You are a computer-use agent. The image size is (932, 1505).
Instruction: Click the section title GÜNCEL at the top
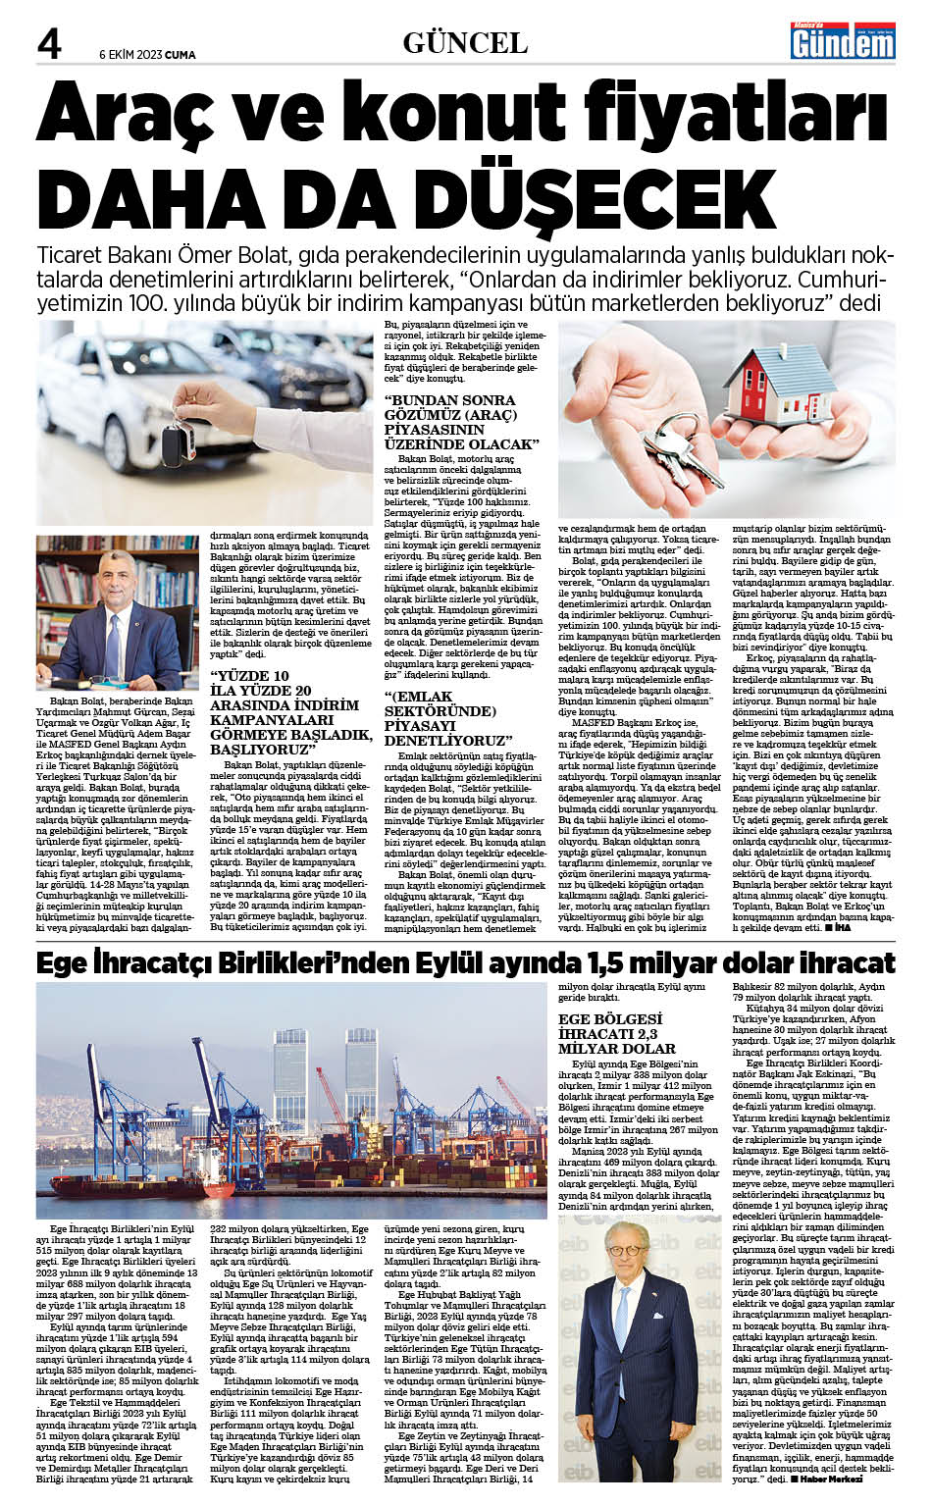click(x=465, y=43)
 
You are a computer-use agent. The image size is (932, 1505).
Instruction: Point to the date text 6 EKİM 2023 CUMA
click(x=147, y=55)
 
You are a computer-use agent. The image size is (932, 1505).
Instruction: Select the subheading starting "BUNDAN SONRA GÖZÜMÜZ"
click(x=460, y=422)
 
